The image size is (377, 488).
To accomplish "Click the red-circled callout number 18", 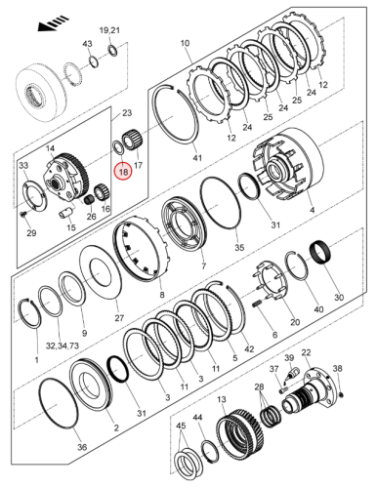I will (123, 172).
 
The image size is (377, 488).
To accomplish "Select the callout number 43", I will (86, 45).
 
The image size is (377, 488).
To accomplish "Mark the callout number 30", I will (339, 297).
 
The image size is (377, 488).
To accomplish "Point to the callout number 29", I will (30, 233).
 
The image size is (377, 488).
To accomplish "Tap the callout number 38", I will (338, 368).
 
